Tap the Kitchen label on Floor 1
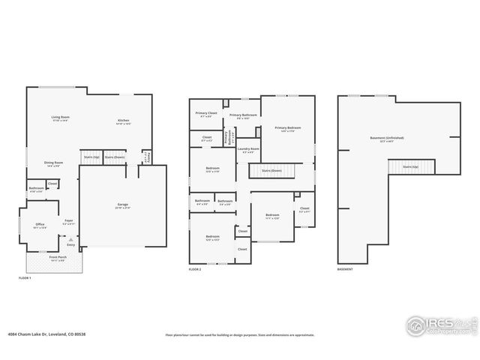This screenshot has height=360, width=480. (123, 122)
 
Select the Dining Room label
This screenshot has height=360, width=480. (53, 163)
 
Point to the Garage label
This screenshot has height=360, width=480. (122, 205)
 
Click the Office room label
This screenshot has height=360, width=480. (40, 225)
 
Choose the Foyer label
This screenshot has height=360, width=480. (68, 221)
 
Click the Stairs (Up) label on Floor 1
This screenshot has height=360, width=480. (91, 157)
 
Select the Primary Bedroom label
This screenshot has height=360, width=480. (288, 129)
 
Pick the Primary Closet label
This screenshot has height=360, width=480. (206, 114)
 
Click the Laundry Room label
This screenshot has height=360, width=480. (248, 150)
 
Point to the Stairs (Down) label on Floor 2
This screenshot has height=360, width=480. (271, 171)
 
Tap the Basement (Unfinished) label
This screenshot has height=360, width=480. (387, 139)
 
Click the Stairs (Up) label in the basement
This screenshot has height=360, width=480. (411, 166)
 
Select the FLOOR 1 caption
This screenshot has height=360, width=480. (25, 278)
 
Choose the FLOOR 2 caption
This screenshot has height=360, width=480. (195, 268)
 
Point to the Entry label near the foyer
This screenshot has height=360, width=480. (71, 244)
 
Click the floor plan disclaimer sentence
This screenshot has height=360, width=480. (240, 334)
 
